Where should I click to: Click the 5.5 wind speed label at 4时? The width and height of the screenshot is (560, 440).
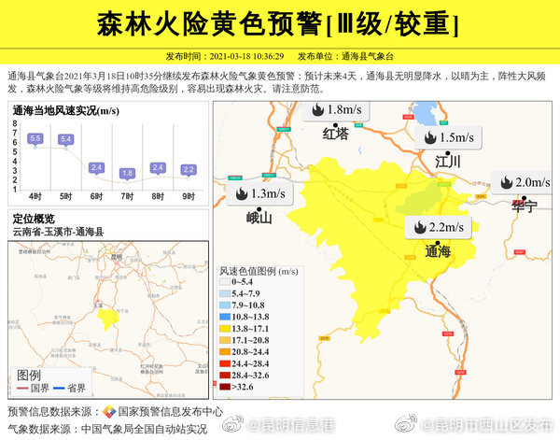35,138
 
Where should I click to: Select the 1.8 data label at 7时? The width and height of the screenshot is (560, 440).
127,173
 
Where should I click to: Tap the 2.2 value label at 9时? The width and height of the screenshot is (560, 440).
189,169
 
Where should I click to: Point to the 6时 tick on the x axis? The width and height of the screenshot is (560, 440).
96,196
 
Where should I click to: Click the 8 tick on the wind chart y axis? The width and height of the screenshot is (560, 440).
15,122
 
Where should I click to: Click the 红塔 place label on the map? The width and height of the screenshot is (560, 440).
335,134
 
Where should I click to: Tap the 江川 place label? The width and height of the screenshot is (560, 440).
448,162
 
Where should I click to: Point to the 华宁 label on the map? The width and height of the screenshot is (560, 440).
524,206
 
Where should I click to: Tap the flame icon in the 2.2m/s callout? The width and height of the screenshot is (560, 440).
420,227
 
